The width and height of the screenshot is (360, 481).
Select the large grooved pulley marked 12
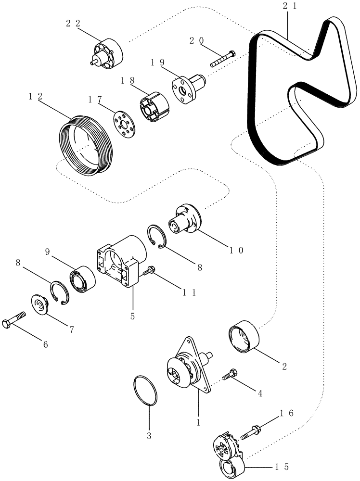pyautogui.click(x=85, y=144)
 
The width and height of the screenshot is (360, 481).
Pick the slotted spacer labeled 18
pyautogui.click(x=154, y=105)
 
